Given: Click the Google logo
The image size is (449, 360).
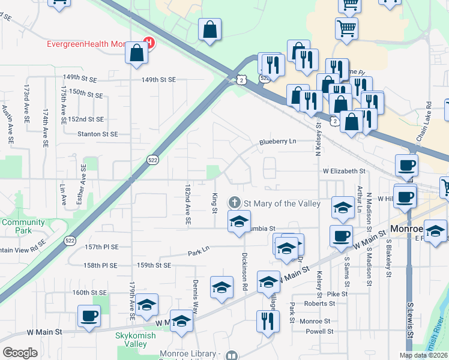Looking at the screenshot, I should (20, 353).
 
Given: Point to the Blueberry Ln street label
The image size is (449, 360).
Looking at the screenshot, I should (277, 142).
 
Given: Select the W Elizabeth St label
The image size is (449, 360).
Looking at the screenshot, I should (344, 171).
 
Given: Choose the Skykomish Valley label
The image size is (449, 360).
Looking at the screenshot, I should (139, 340).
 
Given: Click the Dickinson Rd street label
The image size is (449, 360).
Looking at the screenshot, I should (245, 272).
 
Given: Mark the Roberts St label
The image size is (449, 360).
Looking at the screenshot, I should (315, 304).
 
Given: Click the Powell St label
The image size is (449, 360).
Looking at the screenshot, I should (318, 331).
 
